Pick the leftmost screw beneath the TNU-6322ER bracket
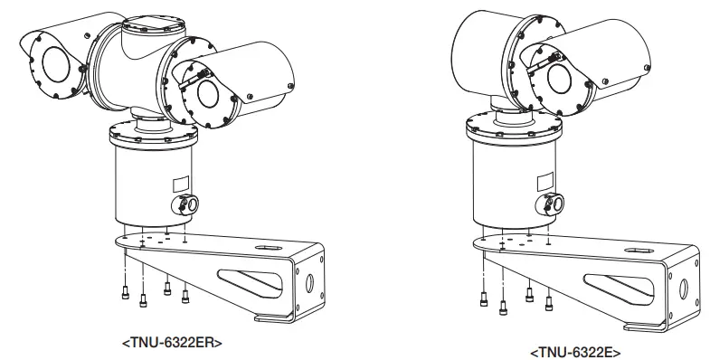125,289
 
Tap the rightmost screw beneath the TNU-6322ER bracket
185,294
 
